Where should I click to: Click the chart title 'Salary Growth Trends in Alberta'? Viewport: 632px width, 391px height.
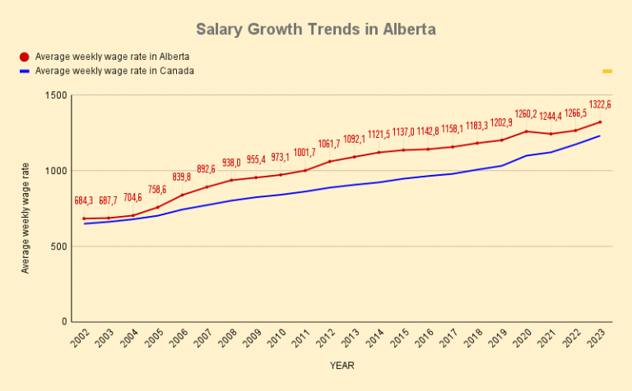(x=316, y=30)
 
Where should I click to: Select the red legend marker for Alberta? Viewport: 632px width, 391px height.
(x=24, y=57)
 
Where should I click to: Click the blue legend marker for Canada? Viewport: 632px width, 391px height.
(x=24, y=71)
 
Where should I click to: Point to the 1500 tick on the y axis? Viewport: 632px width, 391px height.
(x=56, y=95)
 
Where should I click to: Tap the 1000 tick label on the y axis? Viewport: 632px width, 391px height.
(x=56, y=171)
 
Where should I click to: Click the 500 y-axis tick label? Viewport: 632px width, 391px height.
(x=58, y=246)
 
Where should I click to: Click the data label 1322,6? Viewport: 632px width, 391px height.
(x=599, y=105)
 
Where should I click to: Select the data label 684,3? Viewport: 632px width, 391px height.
(x=84, y=200)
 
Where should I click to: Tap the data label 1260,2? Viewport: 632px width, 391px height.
(x=526, y=114)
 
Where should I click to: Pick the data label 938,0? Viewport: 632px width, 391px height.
(x=232, y=163)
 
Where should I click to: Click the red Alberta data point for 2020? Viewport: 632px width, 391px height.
(x=527, y=131)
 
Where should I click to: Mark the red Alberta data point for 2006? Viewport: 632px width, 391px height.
(x=183, y=195)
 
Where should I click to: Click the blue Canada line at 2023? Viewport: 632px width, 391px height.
(x=601, y=136)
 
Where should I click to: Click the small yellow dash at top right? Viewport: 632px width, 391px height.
(x=607, y=71)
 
